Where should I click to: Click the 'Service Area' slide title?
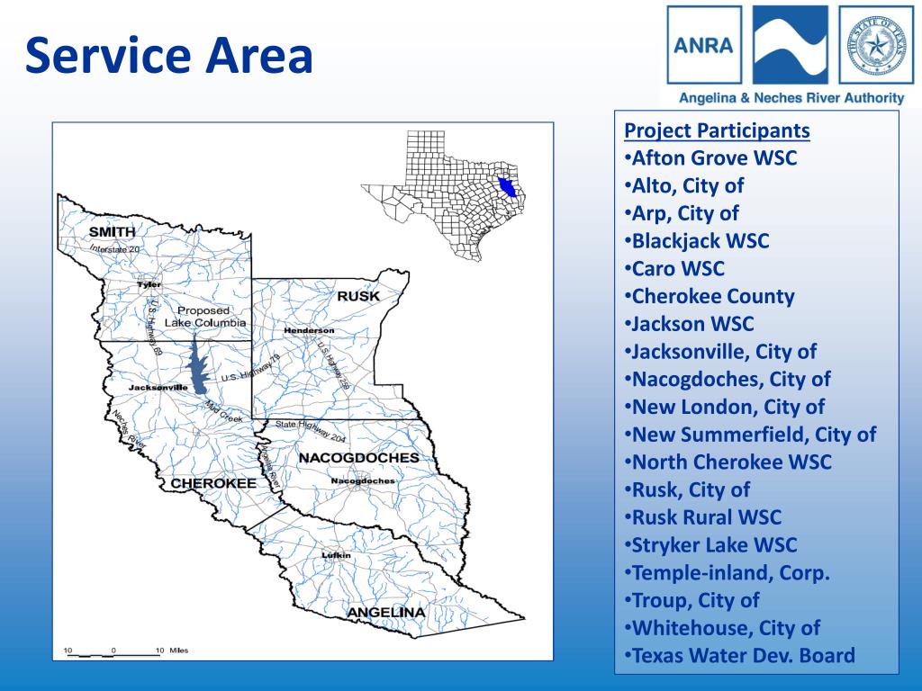click(x=169, y=56)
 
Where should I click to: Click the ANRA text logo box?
click(x=704, y=45)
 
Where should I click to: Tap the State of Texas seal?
click(x=875, y=45)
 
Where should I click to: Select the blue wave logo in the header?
click(x=790, y=45)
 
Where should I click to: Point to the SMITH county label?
click(x=113, y=232)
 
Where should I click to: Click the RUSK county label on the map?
click(x=357, y=296)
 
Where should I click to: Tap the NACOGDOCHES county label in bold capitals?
click(x=358, y=457)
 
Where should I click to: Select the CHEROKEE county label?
click(x=213, y=483)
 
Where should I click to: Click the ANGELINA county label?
click(x=385, y=613)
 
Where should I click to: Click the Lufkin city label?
click(x=336, y=555)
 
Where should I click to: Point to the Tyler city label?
click(x=149, y=284)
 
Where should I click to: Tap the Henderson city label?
click(x=309, y=330)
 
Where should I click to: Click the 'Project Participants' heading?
click(x=717, y=130)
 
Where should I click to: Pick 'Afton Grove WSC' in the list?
click(x=714, y=158)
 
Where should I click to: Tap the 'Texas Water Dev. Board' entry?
click(x=743, y=655)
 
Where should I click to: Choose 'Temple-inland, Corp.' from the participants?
click(x=730, y=572)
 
